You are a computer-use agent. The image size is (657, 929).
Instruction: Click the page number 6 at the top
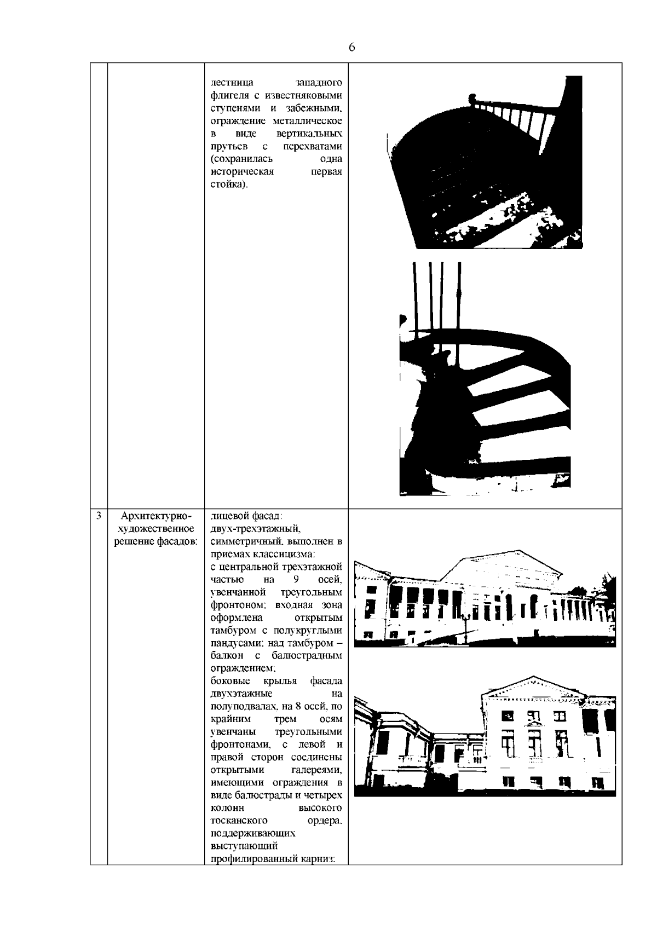351,47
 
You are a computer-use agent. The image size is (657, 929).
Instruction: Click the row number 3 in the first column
99,516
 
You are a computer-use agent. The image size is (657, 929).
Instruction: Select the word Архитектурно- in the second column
157,517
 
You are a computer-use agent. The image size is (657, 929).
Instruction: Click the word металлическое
307,120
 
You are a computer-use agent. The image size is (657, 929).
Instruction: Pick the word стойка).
229,184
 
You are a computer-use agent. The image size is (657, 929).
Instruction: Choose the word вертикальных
309,134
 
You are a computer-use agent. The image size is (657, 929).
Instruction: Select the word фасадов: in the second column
177,541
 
